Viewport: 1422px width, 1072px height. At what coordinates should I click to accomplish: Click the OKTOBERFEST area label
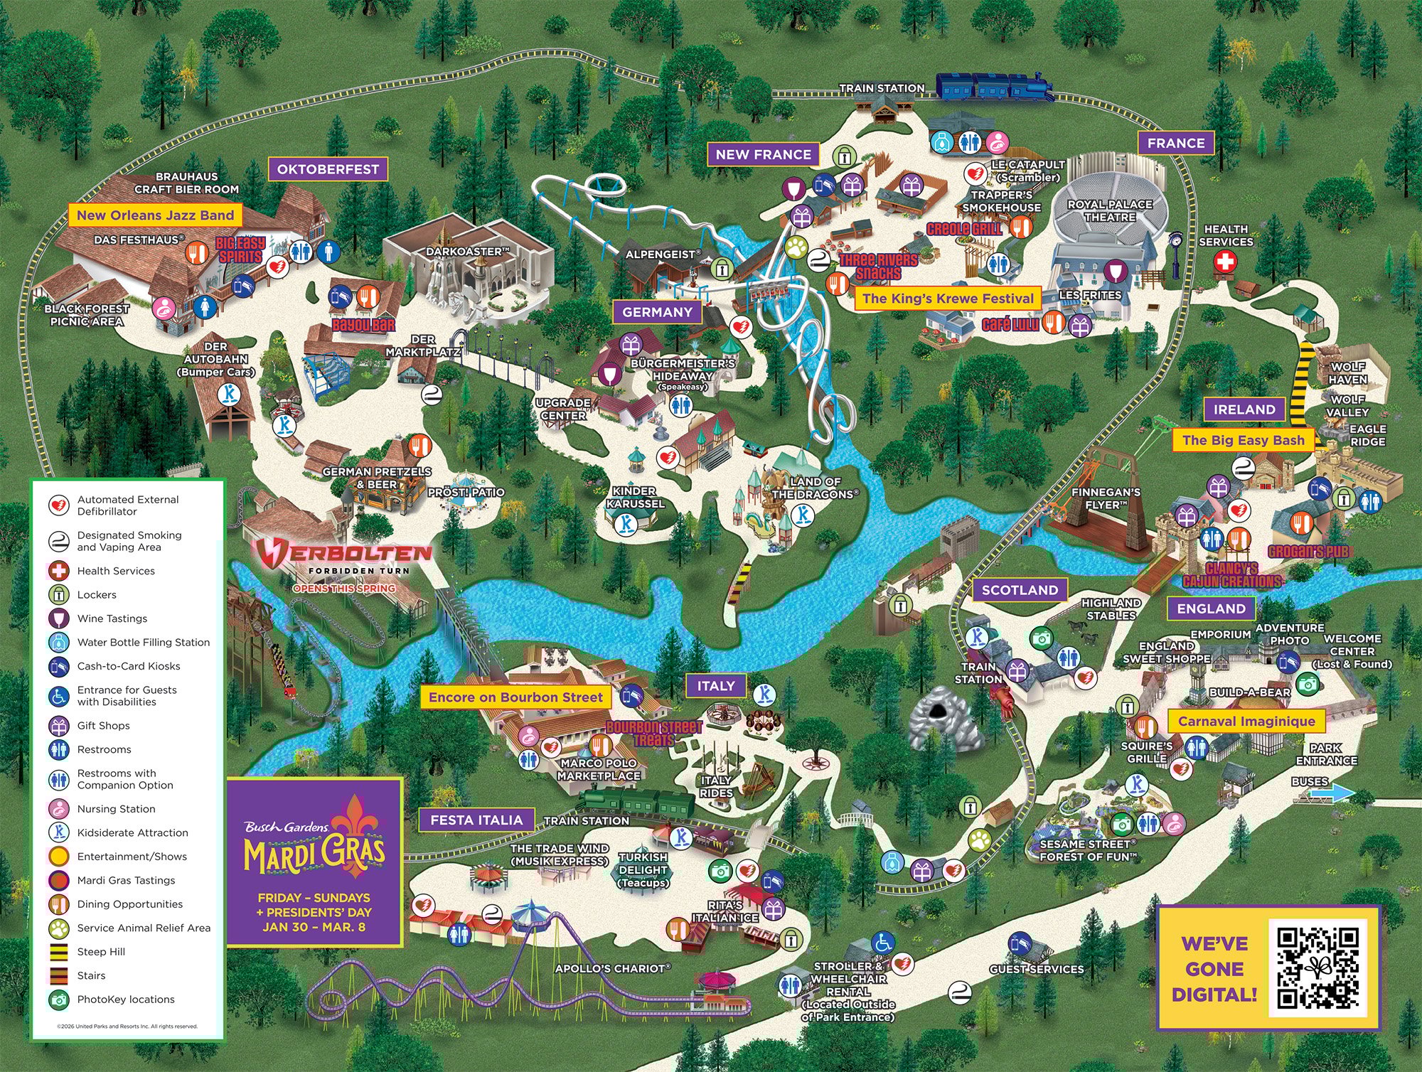(x=328, y=169)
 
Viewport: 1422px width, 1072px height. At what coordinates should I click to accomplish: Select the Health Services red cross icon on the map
(x=1224, y=262)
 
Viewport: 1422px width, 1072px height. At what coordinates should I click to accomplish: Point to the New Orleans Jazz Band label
(x=155, y=215)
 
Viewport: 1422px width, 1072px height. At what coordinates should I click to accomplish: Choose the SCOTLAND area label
(x=1020, y=590)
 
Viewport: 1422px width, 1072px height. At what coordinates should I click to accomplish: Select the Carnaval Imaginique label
(x=1246, y=722)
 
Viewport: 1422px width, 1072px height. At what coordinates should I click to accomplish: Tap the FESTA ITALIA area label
(x=476, y=820)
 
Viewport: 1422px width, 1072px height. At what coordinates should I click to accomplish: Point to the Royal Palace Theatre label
(x=1110, y=210)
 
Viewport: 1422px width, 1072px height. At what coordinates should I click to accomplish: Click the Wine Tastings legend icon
(x=58, y=618)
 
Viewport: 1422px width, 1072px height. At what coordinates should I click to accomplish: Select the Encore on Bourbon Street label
(x=515, y=697)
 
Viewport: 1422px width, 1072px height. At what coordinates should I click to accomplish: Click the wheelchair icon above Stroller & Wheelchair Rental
(x=883, y=943)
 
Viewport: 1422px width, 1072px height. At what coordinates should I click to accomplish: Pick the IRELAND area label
(x=1244, y=409)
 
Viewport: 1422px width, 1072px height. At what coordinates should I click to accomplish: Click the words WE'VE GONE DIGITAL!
(x=1214, y=968)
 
